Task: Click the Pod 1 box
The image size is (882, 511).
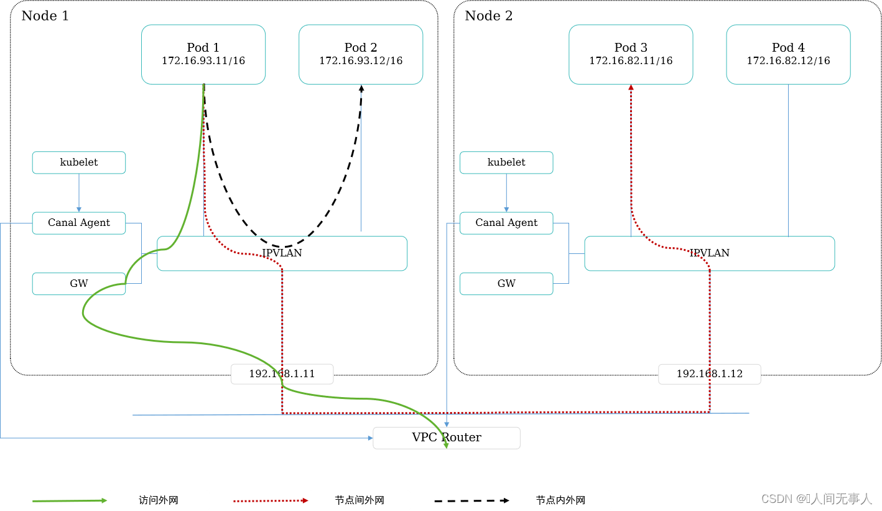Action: (x=203, y=54)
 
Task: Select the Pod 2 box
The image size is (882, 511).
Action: (x=361, y=54)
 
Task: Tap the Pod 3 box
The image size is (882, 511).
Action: (x=631, y=54)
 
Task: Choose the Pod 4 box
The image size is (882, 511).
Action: (x=788, y=54)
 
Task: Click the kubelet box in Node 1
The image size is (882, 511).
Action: (x=79, y=162)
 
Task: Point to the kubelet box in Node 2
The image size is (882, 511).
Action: (x=506, y=162)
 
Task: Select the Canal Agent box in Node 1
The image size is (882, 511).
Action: (x=79, y=223)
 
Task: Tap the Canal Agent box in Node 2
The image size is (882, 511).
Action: (x=506, y=223)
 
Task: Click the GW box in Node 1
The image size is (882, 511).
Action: (x=79, y=284)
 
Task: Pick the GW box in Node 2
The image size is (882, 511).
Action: (x=506, y=284)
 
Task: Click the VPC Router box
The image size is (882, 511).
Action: (x=447, y=438)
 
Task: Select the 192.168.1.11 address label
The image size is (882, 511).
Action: (x=282, y=374)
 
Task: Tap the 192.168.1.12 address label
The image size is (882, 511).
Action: (x=709, y=374)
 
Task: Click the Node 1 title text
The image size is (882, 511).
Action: (x=45, y=16)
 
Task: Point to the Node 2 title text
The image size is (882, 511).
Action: (x=489, y=16)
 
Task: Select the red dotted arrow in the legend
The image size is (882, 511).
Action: (x=271, y=500)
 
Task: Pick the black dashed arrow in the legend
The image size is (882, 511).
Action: (x=471, y=500)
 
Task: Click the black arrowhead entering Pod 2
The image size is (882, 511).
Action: (x=361, y=88)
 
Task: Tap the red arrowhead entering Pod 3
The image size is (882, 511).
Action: (x=631, y=88)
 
